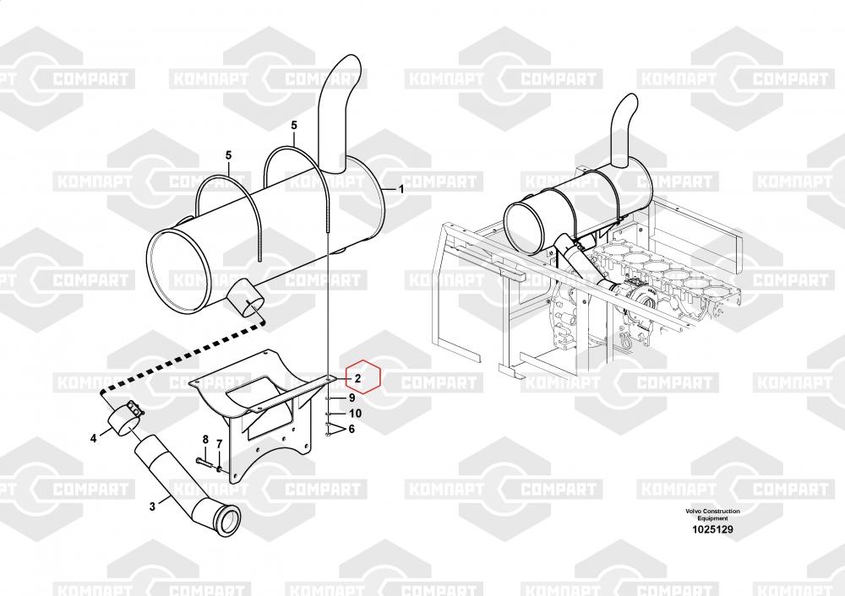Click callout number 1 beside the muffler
(x=401, y=189)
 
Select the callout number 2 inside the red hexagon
(x=357, y=378)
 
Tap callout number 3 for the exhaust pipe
(x=152, y=507)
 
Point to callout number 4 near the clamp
(x=93, y=439)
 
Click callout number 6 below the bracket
(x=352, y=429)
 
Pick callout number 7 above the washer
(x=220, y=445)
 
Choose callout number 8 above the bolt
(x=205, y=440)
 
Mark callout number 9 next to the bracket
(x=352, y=398)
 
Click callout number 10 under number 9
(x=355, y=414)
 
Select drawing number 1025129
(x=712, y=529)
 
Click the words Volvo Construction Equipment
(x=712, y=514)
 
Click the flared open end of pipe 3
(x=227, y=519)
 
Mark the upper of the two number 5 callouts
(x=294, y=126)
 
